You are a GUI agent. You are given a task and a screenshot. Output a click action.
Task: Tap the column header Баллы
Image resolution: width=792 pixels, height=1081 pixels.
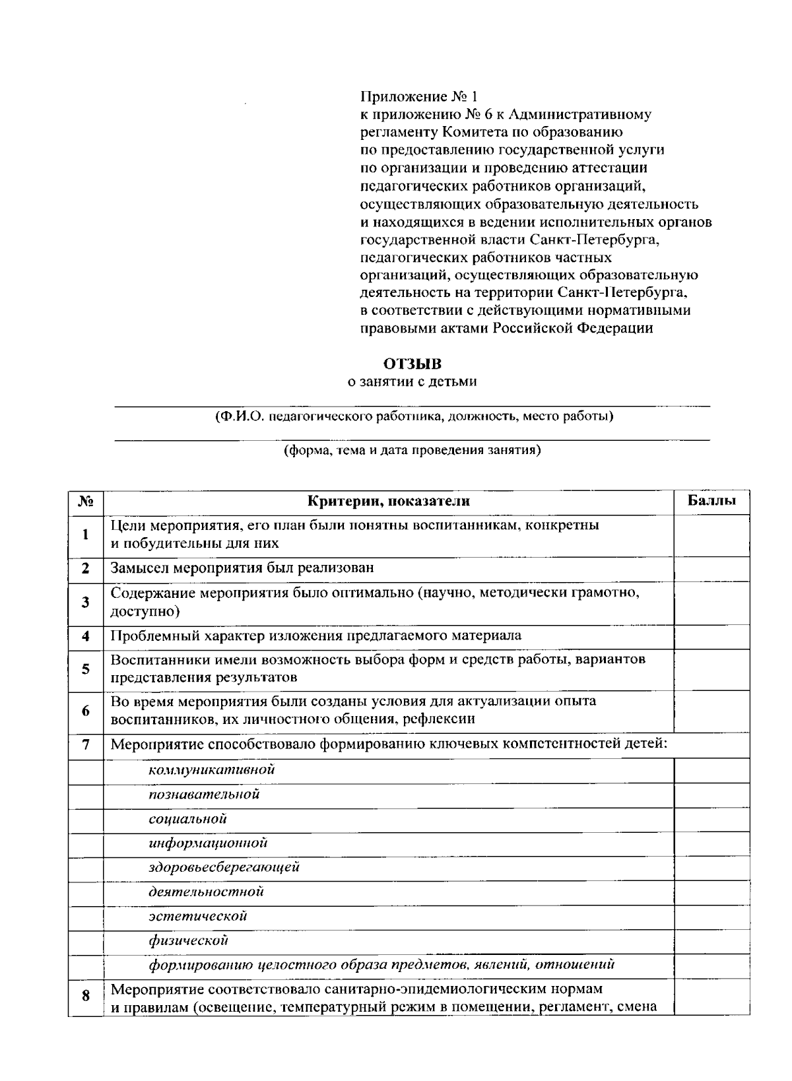point(711,501)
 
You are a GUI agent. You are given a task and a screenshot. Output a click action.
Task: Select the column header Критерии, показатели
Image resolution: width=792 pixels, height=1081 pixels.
point(389,502)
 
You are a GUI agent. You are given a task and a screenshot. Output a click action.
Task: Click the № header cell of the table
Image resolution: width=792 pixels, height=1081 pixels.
point(85,502)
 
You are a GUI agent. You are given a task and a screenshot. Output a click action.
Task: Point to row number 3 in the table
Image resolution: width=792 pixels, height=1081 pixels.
point(85,602)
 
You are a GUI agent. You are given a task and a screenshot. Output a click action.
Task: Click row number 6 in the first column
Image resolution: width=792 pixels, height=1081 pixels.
point(85,711)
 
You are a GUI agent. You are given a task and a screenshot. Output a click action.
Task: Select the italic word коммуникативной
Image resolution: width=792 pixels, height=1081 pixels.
point(211,770)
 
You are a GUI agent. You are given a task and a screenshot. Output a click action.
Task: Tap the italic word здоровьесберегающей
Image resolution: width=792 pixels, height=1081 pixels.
point(224,867)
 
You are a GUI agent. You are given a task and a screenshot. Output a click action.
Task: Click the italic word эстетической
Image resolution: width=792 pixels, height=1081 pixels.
point(197,915)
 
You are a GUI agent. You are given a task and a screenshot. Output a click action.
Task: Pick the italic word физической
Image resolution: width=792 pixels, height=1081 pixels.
point(188,940)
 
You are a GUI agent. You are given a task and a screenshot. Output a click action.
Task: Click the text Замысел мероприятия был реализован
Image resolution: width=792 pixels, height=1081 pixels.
point(242,568)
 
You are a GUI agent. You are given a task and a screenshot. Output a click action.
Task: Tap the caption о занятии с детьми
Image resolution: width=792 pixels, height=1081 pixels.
point(412,381)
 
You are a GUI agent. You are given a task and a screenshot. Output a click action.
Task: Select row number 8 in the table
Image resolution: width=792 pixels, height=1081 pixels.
point(85,997)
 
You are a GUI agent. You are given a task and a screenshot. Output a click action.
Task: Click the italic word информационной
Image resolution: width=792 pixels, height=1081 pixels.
point(208,843)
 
